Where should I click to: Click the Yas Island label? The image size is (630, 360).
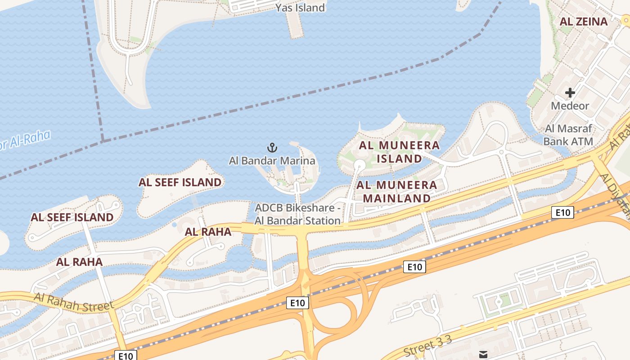coord(300,8)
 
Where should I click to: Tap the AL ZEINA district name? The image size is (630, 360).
coord(583,21)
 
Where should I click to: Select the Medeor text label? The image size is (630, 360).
coord(570,106)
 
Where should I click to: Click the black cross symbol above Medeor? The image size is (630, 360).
coord(570,93)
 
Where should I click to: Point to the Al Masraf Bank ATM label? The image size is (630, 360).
coord(568,135)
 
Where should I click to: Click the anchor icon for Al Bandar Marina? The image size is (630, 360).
coord(272,147)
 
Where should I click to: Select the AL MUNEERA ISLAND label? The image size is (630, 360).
coord(399,152)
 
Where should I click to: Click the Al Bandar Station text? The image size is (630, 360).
coord(297,220)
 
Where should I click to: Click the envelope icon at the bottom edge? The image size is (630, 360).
coord(483,355)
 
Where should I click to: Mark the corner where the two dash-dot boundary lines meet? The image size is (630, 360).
coord(103,141)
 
